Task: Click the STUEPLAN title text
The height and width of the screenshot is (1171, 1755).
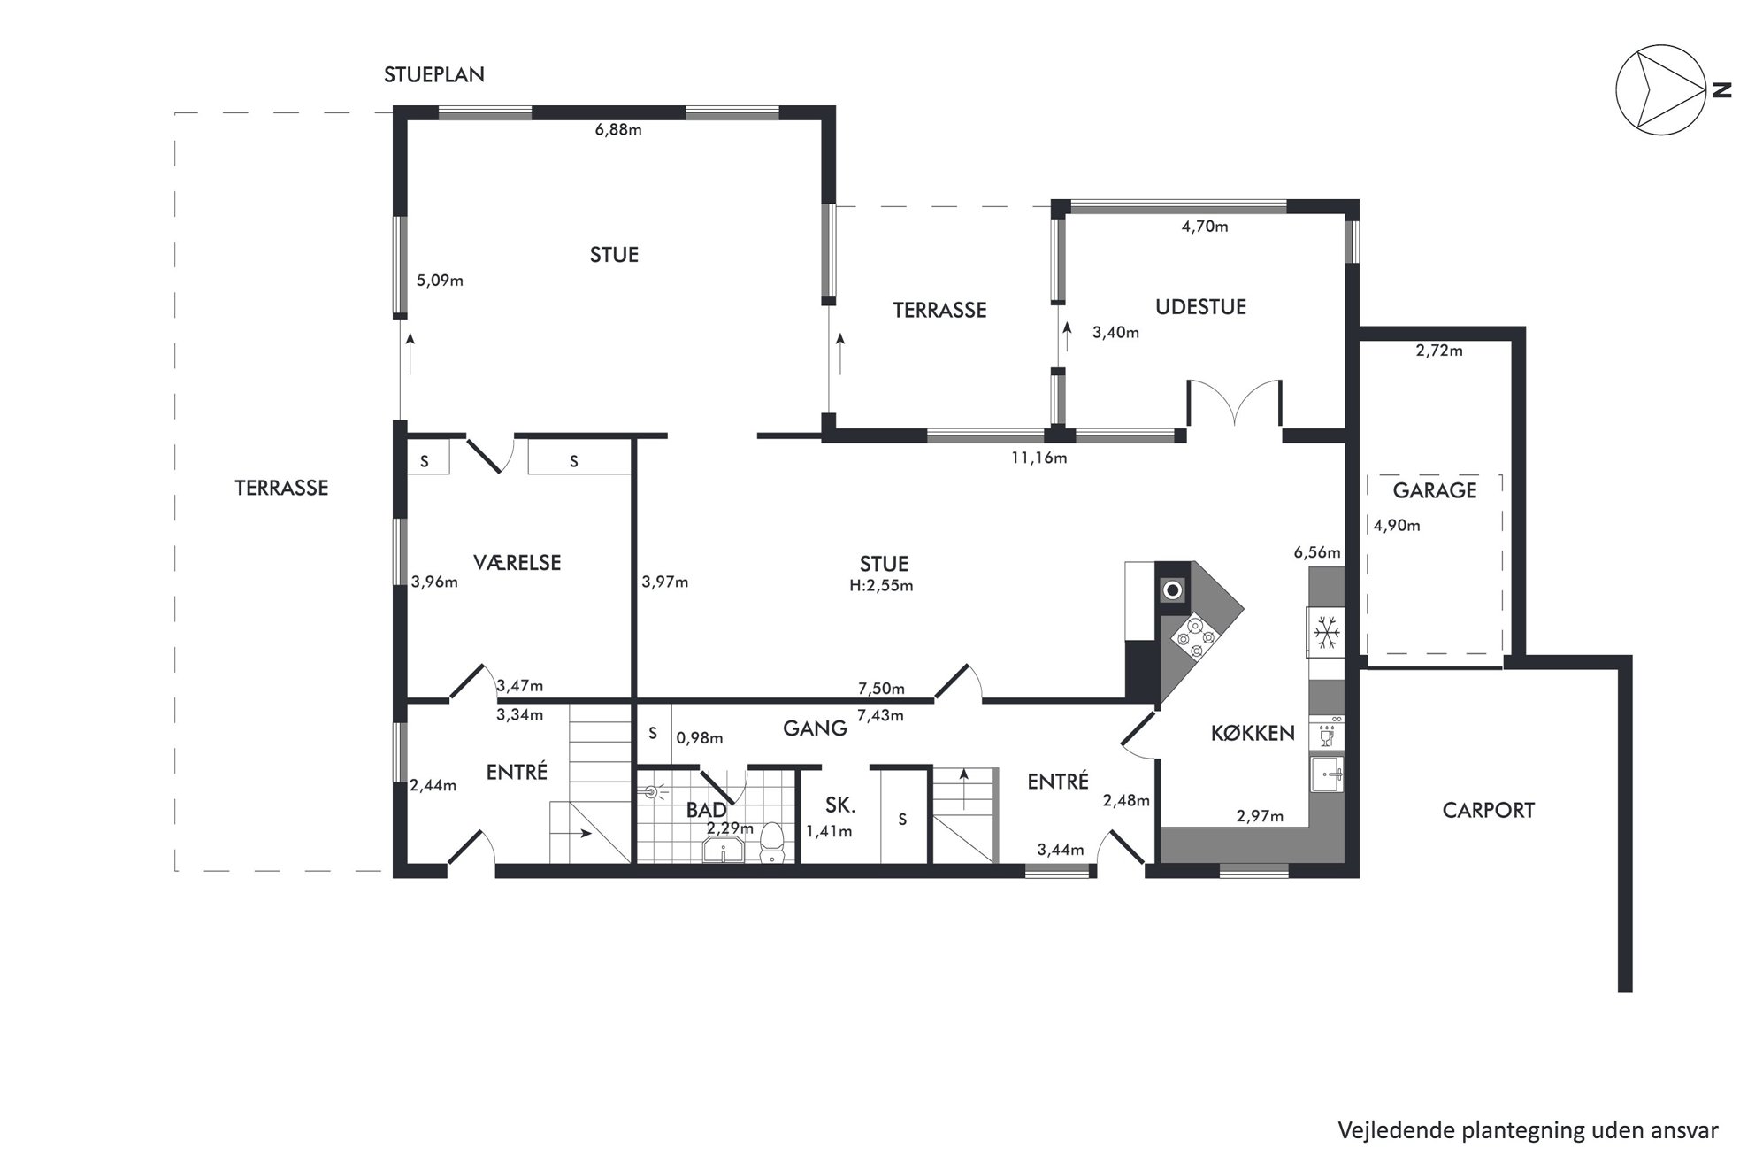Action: click(x=433, y=75)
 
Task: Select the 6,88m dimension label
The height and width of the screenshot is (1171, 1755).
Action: click(x=618, y=130)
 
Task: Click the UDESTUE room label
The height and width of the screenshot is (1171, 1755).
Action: click(x=1200, y=307)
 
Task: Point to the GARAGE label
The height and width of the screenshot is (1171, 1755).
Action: click(x=1435, y=490)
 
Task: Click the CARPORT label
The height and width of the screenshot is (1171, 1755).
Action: click(x=1489, y=810)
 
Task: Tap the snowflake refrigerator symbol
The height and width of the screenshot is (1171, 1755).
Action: click(x=1326, y=632)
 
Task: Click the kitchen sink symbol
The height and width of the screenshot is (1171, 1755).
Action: click(x=1327, y=775)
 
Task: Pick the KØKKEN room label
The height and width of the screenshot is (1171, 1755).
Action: click(x=1253, y=733)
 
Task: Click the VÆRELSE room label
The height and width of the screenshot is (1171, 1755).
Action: click(x=517, y=563)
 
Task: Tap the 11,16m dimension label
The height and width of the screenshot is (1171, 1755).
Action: click(x=1038, y=458)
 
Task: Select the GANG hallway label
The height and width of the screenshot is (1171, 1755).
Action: click(x=815, y=728)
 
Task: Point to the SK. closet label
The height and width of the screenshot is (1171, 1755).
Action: click(x=839, y=805)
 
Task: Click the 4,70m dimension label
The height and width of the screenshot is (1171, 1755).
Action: click(x=1205, y=227)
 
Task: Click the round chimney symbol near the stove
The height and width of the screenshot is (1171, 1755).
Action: click(x=1173, y=589)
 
